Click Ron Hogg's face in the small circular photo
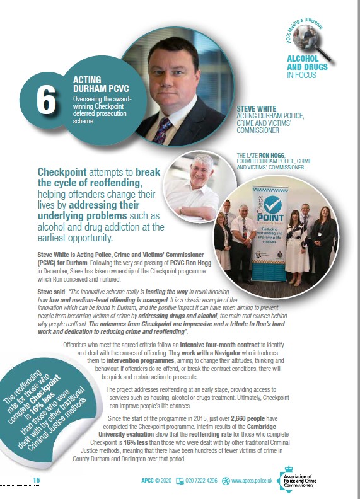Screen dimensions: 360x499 (x=201, y=170)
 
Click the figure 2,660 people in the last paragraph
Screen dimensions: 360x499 (x=247, y=418)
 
